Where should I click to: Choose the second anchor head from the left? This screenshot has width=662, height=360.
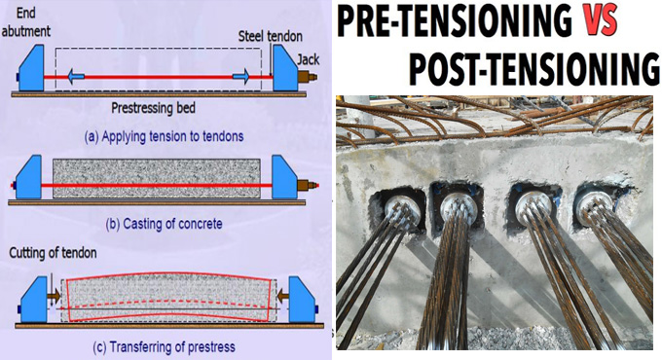[458, 205]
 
